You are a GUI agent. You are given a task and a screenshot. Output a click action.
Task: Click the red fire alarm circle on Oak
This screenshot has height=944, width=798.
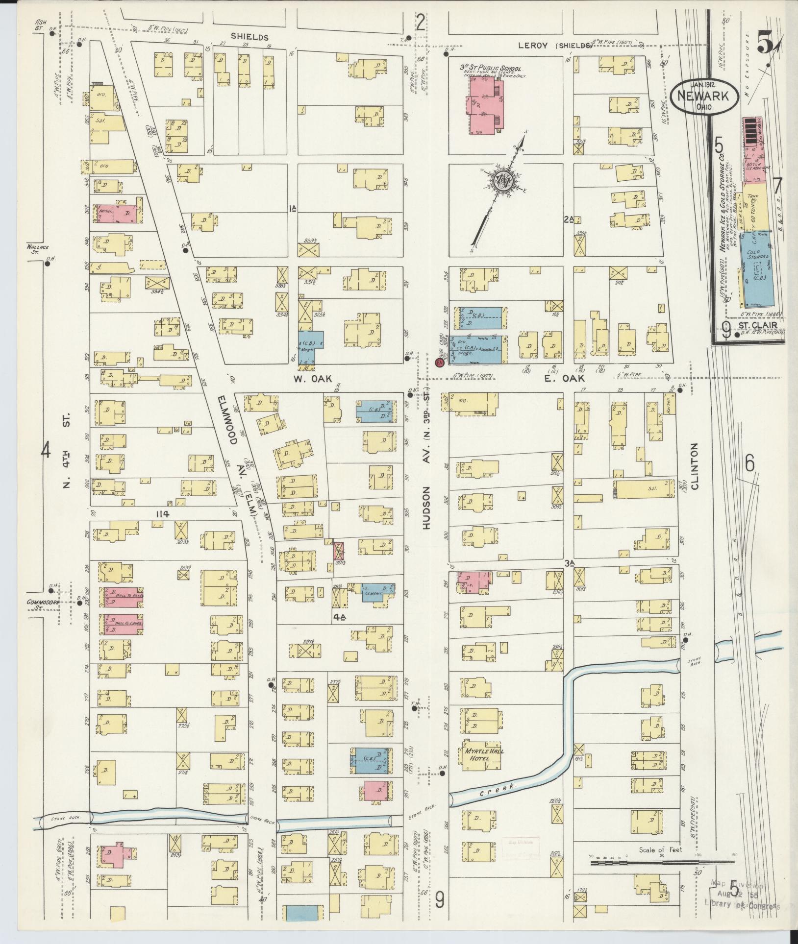pyautogui.click(x=439, y=363)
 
